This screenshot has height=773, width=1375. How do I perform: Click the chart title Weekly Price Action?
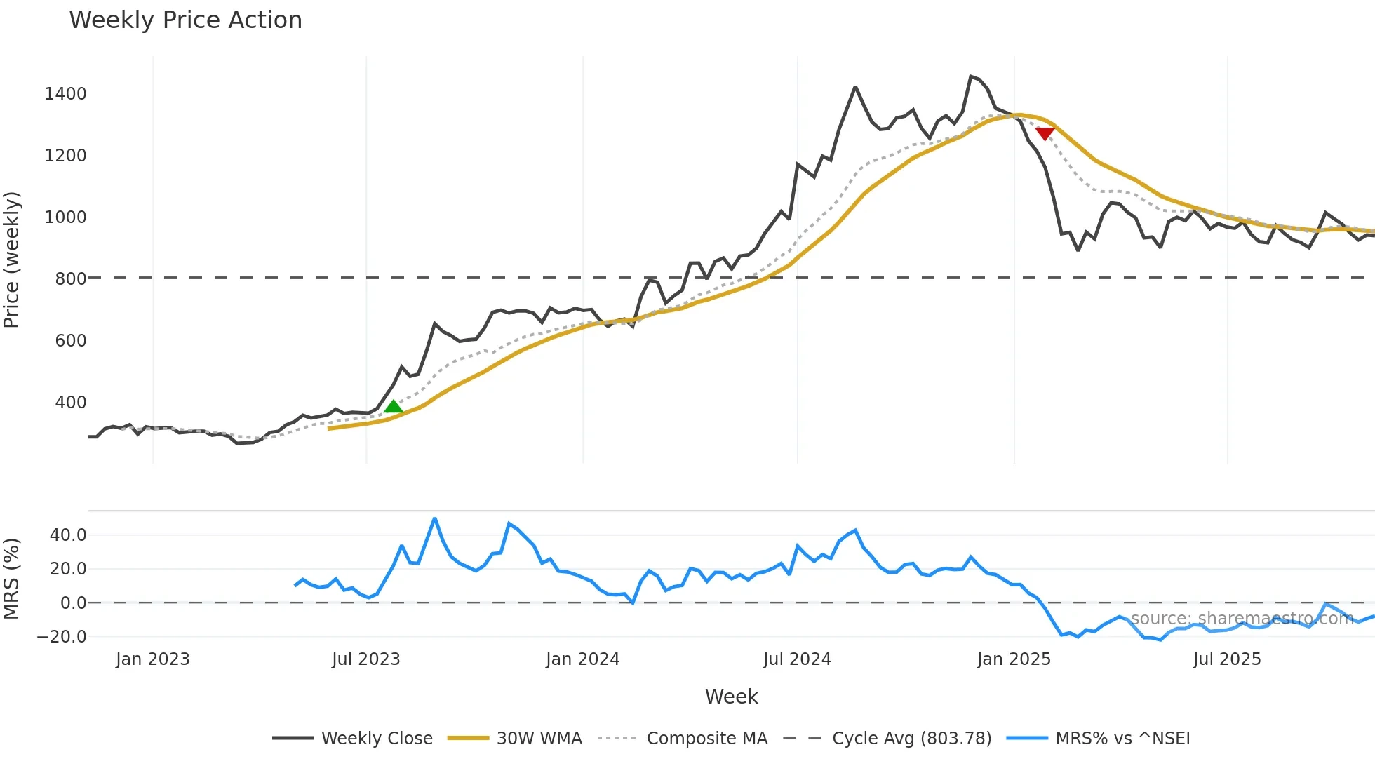[x=185, y=20]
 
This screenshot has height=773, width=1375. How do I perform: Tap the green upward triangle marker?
[x=394, y=407]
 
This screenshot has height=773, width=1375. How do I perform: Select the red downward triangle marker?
[x=1045, y=133]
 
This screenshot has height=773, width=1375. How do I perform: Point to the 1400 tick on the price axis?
[x=65, y=94]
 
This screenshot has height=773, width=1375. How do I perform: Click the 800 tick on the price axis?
[x=70, y=278]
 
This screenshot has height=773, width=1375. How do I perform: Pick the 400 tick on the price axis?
[x=70, y=403]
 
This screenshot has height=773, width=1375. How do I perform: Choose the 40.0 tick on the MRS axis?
[x=68, y=535]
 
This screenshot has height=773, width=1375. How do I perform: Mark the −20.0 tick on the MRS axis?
[x=62, y=637]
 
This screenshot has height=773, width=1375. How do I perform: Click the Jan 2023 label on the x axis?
[x=153, y=659]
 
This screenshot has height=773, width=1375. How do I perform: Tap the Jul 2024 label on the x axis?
[x=797, y=659]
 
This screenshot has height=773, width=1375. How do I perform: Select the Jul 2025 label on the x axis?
[x=1227, y=659]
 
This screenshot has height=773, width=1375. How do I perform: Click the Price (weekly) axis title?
[x=12, y=260]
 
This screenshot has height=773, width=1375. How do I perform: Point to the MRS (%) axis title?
[x=12, y=579]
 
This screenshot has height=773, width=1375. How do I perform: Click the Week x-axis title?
[x=731, y=697]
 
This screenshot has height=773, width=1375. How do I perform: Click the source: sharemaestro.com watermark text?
[x=1242, y=619]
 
